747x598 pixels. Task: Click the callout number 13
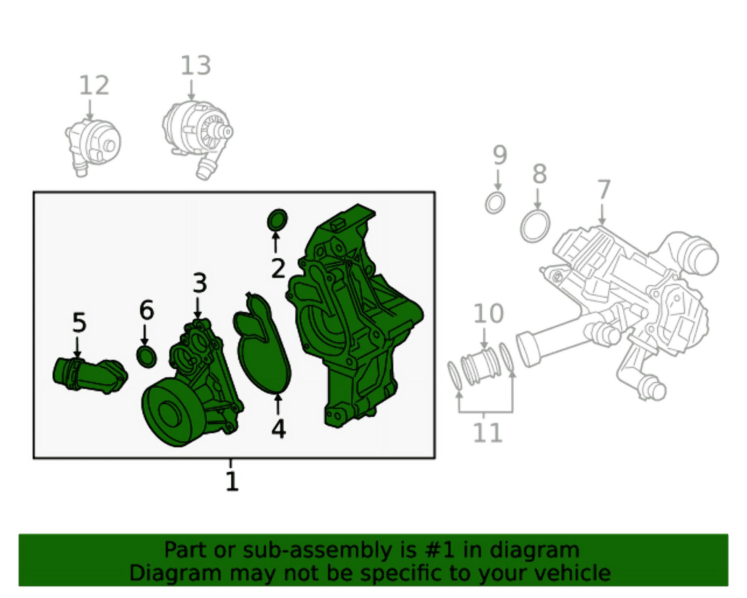click(196, 66)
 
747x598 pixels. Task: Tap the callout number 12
click(94, 85)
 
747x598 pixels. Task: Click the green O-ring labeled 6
click(147, 357)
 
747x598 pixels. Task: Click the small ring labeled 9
click(495, 203)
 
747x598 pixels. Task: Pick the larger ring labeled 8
click(535, 226)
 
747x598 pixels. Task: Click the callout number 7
click(604, 190)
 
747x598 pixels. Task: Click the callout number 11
click(487, 432)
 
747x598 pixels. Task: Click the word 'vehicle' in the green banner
click(573, 573)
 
